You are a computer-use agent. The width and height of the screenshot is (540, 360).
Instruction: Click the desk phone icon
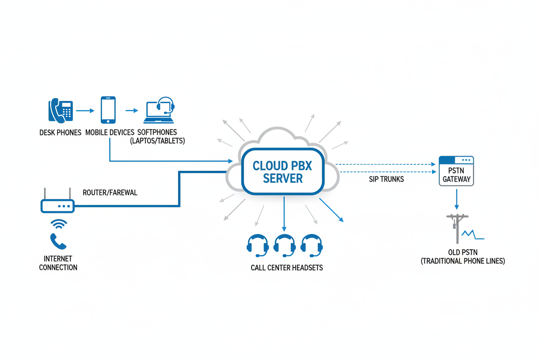(60, 111)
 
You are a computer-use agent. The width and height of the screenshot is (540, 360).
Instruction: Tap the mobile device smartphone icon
(108, 110)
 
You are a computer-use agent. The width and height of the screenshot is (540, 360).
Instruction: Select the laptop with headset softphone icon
(160, 110)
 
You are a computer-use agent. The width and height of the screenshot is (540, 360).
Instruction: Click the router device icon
(58, 206)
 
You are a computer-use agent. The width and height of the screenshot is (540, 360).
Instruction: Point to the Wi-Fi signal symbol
(58, 224)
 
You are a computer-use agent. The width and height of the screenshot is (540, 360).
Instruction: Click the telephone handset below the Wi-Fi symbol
(58, 241)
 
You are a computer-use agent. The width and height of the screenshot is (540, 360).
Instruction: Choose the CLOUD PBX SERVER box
(283, 172)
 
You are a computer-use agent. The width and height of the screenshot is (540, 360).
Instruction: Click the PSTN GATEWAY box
(456, 171)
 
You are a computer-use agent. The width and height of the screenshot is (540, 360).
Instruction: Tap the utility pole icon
(457, 228)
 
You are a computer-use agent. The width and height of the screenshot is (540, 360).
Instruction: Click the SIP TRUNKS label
(386, 179)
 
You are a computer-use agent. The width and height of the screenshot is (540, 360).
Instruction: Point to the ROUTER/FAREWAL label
(110, 193)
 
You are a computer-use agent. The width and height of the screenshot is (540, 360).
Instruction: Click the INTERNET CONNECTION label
(58, 263)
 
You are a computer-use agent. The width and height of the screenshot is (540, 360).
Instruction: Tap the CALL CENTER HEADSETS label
(286, 268)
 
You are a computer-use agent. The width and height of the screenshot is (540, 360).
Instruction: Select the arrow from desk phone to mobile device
(85, 111)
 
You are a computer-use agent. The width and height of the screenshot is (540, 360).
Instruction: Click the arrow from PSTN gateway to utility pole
(456, 201)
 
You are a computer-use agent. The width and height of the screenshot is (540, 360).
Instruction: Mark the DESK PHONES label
(60, 132)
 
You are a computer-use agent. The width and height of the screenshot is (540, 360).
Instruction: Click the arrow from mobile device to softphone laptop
(132, 111)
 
